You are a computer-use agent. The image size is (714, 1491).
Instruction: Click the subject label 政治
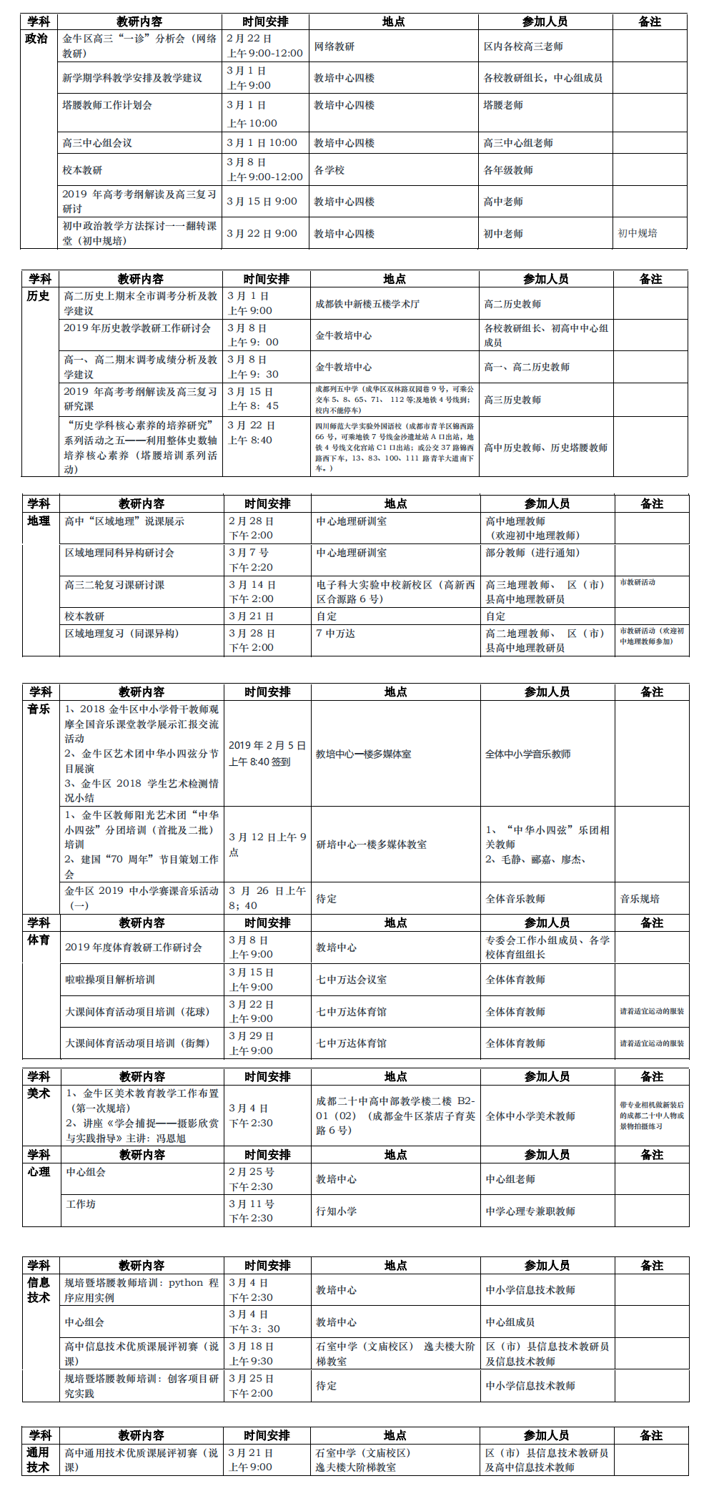tap(36, 39)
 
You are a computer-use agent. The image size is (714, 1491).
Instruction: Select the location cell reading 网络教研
tap(334, 46)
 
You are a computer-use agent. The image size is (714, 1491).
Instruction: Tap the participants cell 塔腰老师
tap(503, 105)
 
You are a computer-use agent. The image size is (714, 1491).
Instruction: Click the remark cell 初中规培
tap(638, 233)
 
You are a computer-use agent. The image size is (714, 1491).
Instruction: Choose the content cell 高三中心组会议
tap(97, 143)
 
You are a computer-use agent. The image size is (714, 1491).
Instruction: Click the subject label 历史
tap(39, 296)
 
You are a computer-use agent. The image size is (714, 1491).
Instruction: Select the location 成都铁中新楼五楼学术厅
tap(367, 304)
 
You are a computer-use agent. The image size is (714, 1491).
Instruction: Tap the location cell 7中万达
tap(335, 634)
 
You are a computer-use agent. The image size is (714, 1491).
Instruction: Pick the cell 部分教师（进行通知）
tap(532, 553)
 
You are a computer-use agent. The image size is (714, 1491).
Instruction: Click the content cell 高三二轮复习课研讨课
tap(114, 585)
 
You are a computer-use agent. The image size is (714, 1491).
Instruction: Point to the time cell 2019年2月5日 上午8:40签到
tap(267, 754)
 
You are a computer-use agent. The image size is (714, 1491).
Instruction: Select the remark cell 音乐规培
tap(640, 899)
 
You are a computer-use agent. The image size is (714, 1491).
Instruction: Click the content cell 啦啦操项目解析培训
tap(110, 980)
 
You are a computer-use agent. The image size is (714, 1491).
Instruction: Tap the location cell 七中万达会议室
tap(352, 980)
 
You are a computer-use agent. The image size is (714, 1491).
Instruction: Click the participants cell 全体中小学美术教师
tap(530, 1116)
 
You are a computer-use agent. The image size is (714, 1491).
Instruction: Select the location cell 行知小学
tap(337, 1211)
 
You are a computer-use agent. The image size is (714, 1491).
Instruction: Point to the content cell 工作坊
tap(81, 1204)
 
